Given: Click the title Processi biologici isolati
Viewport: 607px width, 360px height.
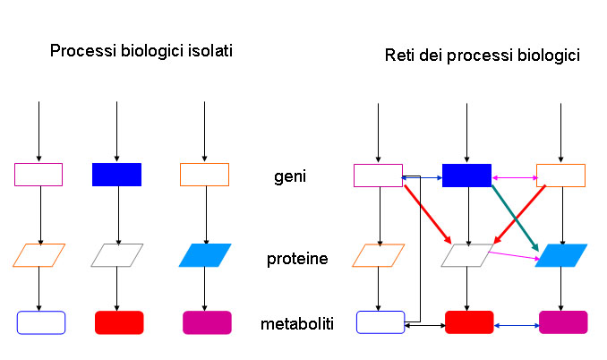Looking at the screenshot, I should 141,51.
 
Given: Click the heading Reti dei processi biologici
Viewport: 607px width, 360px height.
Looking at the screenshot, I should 483,56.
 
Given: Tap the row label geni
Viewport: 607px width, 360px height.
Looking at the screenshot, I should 290,176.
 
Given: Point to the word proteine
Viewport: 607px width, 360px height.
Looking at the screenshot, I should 296,260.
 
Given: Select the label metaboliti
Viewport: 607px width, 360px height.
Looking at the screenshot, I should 298,323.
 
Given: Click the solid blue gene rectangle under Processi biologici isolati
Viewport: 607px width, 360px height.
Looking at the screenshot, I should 116,174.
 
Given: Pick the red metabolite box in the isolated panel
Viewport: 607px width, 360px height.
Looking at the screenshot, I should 118,322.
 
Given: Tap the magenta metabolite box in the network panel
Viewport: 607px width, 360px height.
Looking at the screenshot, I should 562,322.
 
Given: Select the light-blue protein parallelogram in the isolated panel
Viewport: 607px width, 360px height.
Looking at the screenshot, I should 205,255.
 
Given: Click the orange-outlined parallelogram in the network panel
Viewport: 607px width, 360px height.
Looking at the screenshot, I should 379,255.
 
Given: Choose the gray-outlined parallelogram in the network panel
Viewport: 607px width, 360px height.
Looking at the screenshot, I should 467,255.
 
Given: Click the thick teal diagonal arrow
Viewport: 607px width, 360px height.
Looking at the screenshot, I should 515,215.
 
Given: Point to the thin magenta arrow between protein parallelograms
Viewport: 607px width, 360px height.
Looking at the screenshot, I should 512,256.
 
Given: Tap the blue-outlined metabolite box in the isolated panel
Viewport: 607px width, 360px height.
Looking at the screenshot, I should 41,322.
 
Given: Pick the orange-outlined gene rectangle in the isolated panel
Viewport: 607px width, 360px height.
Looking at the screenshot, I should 204,174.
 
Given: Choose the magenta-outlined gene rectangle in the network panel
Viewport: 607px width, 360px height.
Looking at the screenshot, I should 378,175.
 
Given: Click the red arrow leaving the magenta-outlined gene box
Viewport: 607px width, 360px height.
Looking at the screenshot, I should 426,215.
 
